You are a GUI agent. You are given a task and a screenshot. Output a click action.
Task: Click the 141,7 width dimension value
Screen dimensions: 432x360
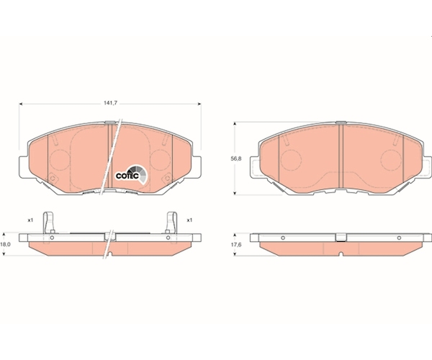pos(110,103)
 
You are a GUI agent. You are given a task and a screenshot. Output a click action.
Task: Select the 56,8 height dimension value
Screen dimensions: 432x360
pos(237,158)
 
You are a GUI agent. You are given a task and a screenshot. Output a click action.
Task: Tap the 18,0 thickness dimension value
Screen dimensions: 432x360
pos(5,244)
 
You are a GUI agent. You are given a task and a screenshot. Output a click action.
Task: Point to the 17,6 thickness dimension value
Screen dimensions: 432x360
pos(237,245)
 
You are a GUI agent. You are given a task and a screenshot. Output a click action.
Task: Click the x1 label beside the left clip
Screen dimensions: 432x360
pos(30,220)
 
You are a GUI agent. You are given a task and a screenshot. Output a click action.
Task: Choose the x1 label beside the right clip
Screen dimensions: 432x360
pos(189,220)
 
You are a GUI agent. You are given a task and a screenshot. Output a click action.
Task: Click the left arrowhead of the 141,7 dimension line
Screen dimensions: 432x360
pos(21,104)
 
